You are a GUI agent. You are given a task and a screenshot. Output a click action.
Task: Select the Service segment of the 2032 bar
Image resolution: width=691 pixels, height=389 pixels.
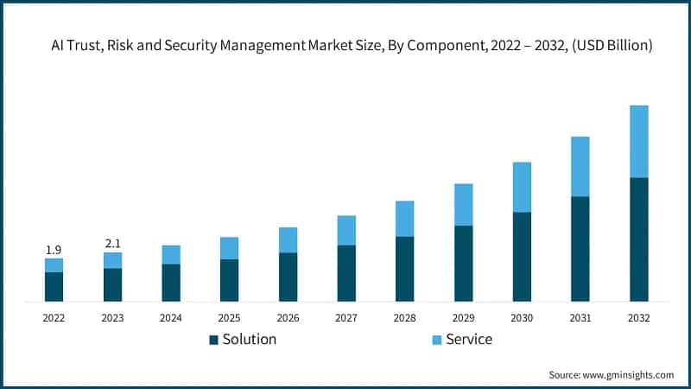[639, 142]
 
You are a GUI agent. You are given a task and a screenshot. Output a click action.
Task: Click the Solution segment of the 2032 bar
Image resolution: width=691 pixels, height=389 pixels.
[639, 239]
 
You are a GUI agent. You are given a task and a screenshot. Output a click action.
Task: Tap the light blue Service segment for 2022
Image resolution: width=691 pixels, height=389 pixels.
[54, 265]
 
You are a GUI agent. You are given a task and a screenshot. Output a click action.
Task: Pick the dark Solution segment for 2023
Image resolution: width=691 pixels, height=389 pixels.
[112, 284]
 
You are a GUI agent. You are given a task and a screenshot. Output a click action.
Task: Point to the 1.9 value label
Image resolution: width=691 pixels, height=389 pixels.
[54, 250]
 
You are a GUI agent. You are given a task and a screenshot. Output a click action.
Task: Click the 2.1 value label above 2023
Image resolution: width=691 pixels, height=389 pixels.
[112, 244]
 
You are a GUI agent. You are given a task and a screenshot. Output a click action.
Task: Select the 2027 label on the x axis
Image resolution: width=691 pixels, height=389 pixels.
[346, 318]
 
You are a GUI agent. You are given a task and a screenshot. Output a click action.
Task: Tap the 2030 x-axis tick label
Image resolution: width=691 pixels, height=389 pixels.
[522, 318]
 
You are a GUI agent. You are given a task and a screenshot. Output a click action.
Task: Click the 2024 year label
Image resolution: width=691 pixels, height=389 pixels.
[171, 318]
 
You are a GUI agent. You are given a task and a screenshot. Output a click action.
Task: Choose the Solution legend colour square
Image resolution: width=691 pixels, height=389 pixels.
[213, 340]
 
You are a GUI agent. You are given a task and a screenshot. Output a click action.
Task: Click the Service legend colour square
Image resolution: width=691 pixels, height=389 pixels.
[437, 340]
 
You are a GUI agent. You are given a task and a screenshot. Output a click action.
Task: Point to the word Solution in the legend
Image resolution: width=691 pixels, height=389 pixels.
[250, 340]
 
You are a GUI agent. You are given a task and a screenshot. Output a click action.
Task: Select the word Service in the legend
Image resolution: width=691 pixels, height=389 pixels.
[470, 340]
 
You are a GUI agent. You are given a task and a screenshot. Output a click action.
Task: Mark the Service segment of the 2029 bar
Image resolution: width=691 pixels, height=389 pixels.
[463, 205]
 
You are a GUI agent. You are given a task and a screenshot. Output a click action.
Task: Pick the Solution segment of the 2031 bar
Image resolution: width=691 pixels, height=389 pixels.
[580, 249]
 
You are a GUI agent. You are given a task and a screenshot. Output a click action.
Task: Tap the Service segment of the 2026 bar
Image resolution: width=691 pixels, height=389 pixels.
[288, 240]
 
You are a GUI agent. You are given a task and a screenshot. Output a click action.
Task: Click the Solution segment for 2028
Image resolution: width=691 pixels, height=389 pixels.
[405, 269]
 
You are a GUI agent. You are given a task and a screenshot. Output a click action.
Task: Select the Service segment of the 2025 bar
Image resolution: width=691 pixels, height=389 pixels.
[229, 248]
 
